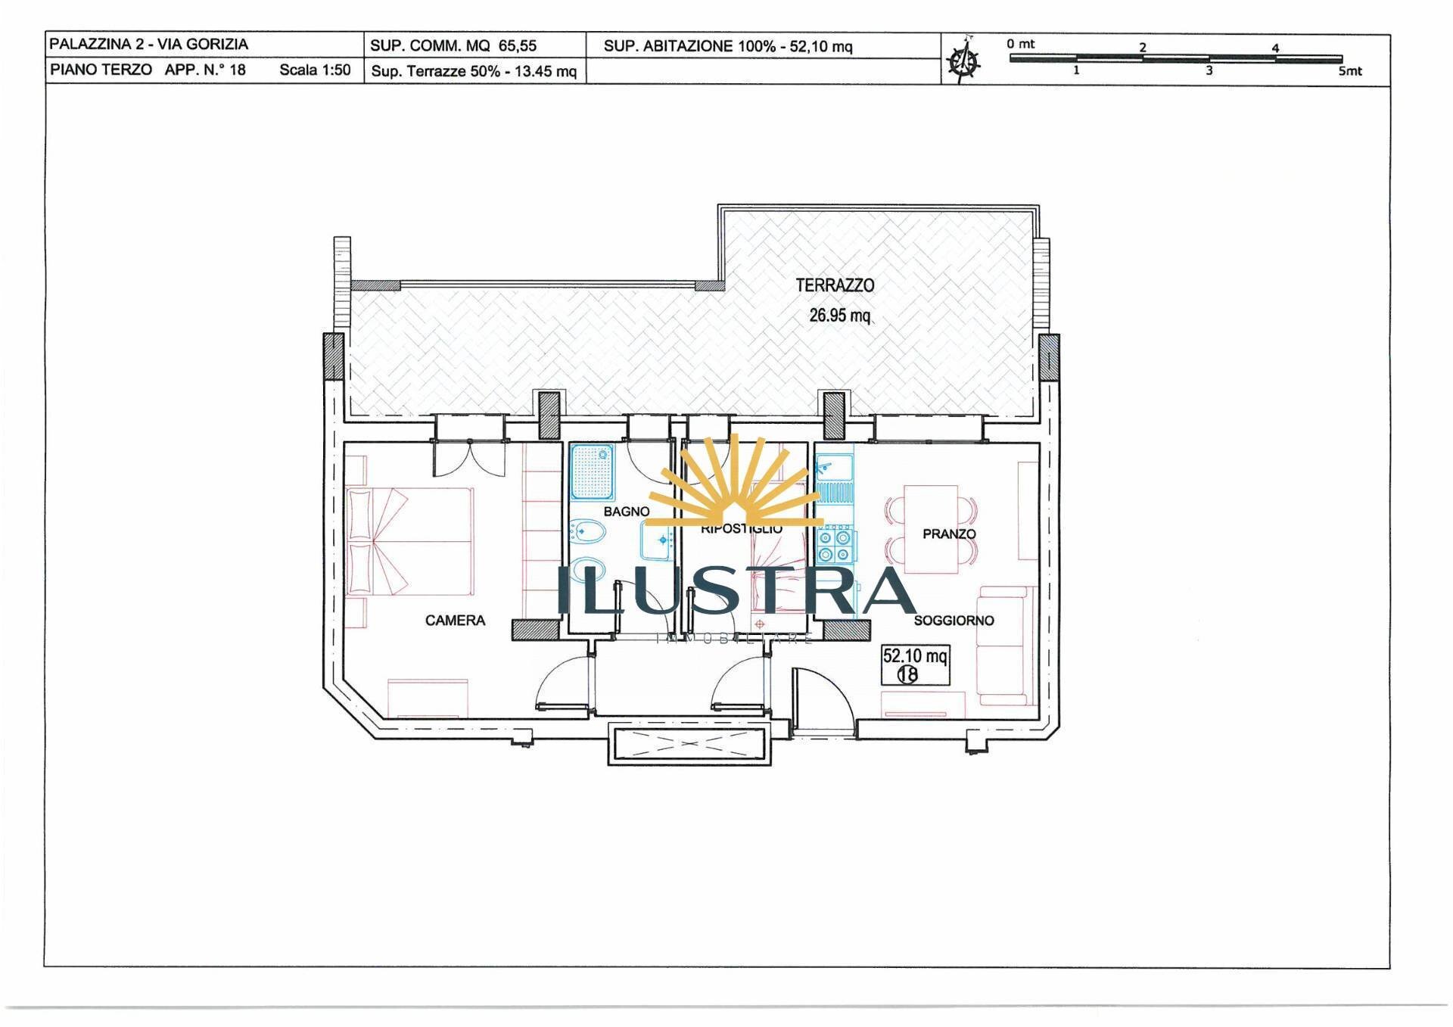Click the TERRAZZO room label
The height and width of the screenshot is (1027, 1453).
click(835, 285)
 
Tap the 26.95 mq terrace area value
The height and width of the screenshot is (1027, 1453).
click(839, 315)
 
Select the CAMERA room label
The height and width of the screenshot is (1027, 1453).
click(455, 621)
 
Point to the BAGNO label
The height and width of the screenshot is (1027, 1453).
click(626, 512)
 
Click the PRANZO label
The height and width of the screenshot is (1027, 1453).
click(949, 534)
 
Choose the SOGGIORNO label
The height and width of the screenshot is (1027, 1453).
click(954, 621)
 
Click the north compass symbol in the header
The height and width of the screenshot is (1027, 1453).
click(964, 60)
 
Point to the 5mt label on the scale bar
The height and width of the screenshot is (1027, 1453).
click(1349, 71)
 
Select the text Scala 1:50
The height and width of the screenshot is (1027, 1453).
click(315, 70)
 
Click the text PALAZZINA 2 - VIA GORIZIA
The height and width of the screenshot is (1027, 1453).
click(148, 44)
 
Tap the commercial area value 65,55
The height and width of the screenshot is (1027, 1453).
click(517, 45)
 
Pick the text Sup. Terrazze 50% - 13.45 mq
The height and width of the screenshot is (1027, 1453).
click(474, 72)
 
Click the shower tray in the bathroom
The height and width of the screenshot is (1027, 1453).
click(592, 472)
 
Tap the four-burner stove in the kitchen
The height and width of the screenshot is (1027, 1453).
click(835, 546)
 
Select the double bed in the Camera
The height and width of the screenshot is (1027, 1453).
click(410, 541)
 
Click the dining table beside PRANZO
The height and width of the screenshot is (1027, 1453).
click(930, 529)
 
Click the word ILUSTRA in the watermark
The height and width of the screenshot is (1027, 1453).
click(736, 591)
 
